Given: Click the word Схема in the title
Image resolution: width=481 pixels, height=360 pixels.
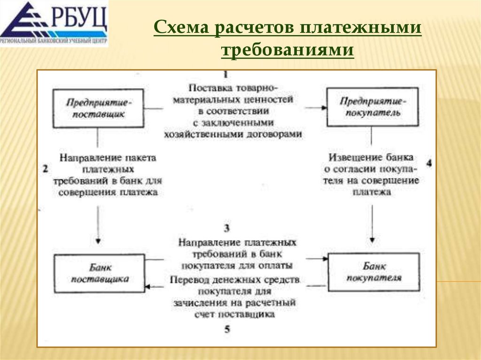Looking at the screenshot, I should coord(181,29).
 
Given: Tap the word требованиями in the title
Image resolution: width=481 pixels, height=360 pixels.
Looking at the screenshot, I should coord(287,50).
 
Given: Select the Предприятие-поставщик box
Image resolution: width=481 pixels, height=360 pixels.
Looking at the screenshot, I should coord(98,108).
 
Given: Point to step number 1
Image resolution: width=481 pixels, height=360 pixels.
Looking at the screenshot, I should coord(226,75).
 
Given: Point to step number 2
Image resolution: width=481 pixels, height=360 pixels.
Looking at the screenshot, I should coord(46,169).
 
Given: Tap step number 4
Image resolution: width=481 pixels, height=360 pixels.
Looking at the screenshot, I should coord(428,163).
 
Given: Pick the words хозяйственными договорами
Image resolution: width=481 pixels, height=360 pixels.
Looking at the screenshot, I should coord(233,134).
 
